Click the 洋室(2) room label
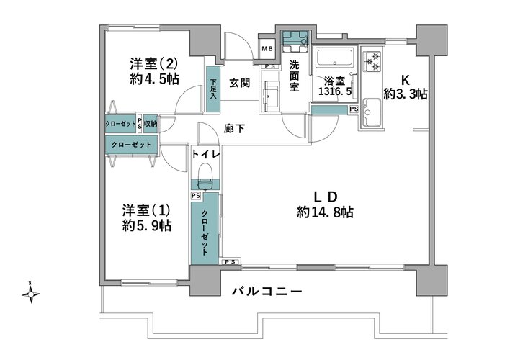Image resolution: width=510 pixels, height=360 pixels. (x=154, y=63)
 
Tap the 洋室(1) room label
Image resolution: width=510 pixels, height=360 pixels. (x=146, y=210)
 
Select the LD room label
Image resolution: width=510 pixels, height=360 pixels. (x=325, y=197)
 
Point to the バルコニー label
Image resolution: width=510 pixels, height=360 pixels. (x=267, y=291)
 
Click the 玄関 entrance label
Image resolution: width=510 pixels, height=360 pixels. (x=240, y=83)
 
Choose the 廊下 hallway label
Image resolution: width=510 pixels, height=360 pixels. (x=234, y=129)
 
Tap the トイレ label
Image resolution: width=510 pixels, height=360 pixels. (x=206, y=154)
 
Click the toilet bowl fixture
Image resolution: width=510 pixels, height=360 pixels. (x=205, y=176)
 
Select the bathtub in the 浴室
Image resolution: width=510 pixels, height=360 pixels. (x=335, y=58)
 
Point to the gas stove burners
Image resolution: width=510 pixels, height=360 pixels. (x=372, y=62)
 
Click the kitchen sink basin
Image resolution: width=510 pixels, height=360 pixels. (x=372, y=112)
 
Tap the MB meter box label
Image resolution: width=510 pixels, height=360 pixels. (x=267, y=49)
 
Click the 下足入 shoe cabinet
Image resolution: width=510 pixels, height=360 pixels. (x=213, y=89)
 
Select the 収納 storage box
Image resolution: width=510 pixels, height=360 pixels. (x=151, y=124)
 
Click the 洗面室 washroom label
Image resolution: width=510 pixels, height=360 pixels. (x=294, y=76)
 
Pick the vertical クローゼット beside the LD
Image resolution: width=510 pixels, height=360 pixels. (x=205, y=228)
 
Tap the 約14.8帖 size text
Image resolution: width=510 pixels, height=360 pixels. (x=325, y=212)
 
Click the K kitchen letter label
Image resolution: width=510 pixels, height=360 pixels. (x=406, y=80)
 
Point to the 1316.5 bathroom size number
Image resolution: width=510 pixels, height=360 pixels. (x=335, y=91)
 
